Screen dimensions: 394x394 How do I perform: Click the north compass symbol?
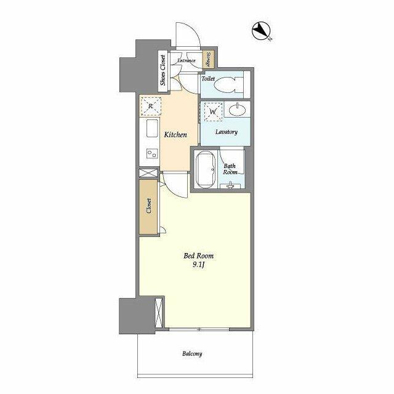point(260,31)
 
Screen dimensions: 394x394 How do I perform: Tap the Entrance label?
point(187,60)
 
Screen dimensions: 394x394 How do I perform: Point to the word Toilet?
point(207,79)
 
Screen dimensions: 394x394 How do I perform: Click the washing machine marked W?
point(212,113)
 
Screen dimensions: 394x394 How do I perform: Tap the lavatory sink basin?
point(238,111)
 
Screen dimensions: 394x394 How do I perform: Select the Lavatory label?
point(227,132)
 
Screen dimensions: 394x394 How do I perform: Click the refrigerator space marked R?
point(150,107)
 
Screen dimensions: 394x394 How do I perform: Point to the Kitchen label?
point(175,134)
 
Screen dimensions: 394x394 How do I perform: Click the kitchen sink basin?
point(150,130)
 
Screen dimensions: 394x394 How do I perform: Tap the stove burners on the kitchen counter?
point(150,153)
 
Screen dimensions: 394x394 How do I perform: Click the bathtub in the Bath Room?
point(204,170)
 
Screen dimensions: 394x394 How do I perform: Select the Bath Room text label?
point(230,169)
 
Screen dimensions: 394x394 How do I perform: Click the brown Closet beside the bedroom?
point(148,207)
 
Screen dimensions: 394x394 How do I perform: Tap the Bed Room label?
point(196,255)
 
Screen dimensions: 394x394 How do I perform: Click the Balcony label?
point(192,353)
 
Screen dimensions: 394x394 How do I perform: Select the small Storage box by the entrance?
point(209,60)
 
